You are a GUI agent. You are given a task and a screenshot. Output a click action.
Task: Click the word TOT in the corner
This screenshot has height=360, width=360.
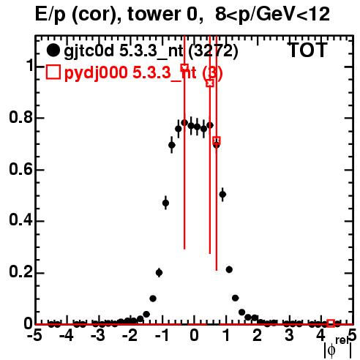point(308,50)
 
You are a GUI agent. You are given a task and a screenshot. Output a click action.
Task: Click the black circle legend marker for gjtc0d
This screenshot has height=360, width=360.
point(53,50)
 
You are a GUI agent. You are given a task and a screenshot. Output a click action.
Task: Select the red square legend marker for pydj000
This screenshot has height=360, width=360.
point(53,72)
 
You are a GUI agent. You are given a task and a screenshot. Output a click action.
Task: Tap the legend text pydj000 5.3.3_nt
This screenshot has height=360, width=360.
point(130,72)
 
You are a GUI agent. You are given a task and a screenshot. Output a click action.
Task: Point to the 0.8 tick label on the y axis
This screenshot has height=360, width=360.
point(20,118)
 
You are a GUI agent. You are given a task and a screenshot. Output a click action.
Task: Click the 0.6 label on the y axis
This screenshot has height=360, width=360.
point(20,170)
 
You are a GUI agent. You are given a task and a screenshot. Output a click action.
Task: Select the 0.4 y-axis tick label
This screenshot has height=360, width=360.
point(20,221)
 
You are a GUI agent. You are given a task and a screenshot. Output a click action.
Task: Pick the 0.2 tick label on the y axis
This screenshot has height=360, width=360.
point(20,273)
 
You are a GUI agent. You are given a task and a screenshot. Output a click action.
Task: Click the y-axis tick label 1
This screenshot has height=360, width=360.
point(30,65)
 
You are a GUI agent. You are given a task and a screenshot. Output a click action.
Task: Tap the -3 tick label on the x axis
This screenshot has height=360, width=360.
point(98,336)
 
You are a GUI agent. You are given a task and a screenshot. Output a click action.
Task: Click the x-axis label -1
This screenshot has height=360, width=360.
point(162,336)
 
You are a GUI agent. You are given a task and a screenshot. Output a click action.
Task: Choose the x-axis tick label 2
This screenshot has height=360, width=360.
point(258,336)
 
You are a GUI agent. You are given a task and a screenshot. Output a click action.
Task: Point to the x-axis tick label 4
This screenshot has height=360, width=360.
point(320,336)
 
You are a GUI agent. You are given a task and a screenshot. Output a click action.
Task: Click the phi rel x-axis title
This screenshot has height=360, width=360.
point(338,348)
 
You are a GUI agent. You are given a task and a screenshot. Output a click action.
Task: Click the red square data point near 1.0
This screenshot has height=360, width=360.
point(184,67)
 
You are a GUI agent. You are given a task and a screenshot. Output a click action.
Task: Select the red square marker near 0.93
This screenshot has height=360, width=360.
point(210,83)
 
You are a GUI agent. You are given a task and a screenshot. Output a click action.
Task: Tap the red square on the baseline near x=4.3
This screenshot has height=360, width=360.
point(331,323)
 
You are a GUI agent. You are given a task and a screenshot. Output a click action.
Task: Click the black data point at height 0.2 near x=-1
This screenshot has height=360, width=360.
point(159,272)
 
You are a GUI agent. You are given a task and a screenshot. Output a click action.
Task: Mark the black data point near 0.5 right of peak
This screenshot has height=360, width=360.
point(222,195)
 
